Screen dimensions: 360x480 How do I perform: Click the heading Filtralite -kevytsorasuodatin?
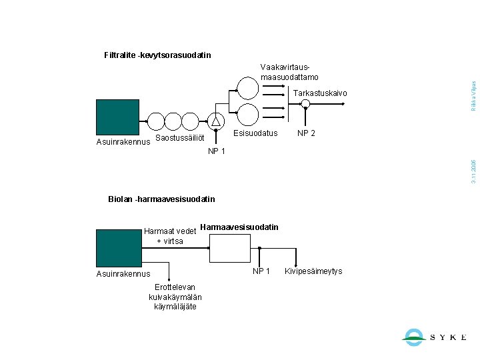(x=158, y=55)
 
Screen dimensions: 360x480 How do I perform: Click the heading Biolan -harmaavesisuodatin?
(x=161, y=199)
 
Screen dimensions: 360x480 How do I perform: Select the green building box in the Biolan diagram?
(x=118, y=247)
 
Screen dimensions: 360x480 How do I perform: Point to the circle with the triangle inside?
(x=216, y=121)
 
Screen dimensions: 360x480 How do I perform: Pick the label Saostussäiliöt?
(x=179, y=138)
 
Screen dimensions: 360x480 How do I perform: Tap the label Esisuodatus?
(x=255, y=133)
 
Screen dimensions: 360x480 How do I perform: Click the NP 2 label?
(x=307, y=133)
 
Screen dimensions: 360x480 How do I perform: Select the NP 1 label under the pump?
(x=217, y=151)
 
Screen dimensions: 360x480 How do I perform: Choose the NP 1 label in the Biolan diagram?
(x=261, y=271)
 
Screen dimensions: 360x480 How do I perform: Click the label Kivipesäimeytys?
(x=313, y=271)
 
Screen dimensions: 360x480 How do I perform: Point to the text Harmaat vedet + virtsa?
(x=169, y=236)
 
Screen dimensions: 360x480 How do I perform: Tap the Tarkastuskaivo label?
(x=320, y=93)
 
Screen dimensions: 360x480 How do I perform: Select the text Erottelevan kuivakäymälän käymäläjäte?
(x=175, y=297)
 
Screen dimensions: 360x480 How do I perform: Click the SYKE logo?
(x=434, y=337)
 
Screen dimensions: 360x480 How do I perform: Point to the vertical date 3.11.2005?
(x=473, y=171)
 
